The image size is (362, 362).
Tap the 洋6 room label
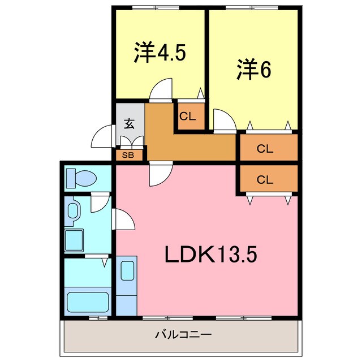253,70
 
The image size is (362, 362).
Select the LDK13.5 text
211,255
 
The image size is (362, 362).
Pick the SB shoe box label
128,154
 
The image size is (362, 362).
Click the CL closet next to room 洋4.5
188,117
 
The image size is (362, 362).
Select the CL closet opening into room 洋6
265,149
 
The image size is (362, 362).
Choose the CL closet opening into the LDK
265,180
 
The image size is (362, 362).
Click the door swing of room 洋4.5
161,90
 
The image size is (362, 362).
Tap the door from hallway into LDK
161,174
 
